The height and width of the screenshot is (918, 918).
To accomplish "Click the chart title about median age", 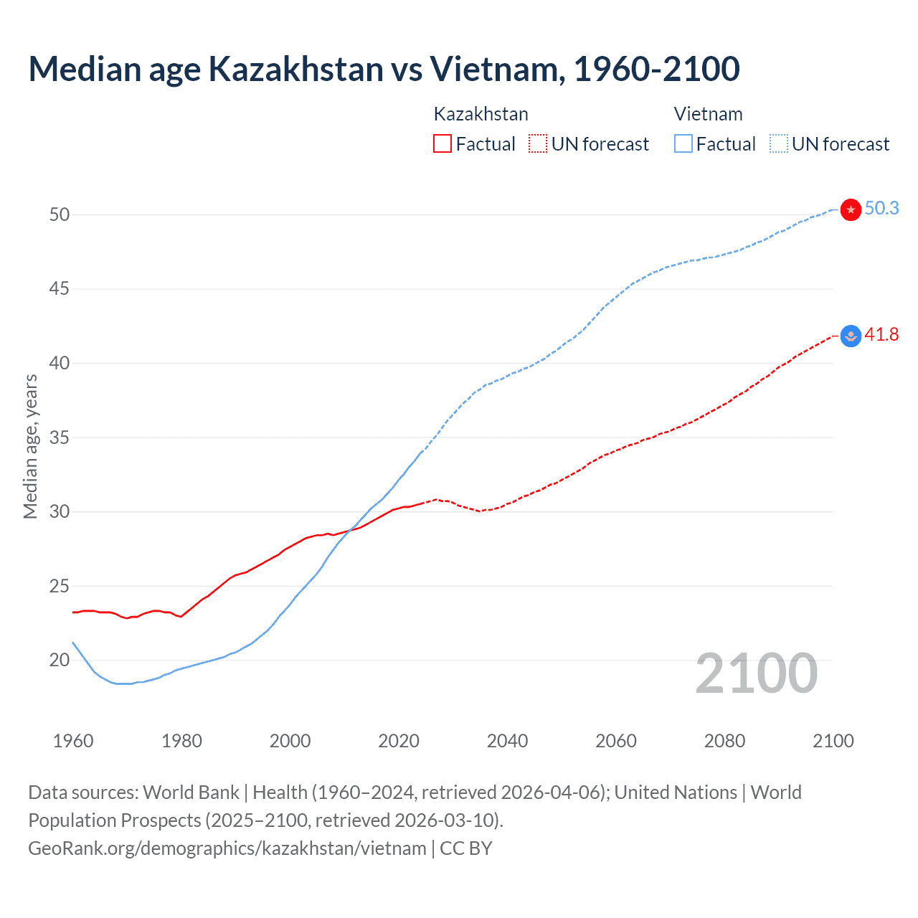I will pyautogui.click(x=384, y=69).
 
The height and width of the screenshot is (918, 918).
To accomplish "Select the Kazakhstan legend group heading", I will pyautogui.click(x=481, y=114).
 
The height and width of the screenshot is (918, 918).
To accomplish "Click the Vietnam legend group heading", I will pyautogui.click(x=708, y=114).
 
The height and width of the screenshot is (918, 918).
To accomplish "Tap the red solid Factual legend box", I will pyautogui.click(x=443, y=144).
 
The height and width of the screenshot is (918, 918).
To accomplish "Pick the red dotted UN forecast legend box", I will pyautogui.click(x=538, y=144).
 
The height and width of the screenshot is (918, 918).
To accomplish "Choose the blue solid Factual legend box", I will pyautogui.click(x=683, y=144).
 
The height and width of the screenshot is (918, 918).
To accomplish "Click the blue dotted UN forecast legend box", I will pyautogui.click(x=779, y=144).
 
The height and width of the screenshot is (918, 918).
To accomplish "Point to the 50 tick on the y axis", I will pyautogui.click(x=60, y=214).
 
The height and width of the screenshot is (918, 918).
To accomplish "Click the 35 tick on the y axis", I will pyautogui.click(x=60, y=437).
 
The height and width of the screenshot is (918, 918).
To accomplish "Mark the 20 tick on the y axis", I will pyautogui.click(x=60, y=660).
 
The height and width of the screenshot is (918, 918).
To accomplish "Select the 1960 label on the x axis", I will pyautogui.click(x=73, y=741).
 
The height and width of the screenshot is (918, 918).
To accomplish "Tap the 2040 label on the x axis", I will pyautogui.click(x=507, y=741).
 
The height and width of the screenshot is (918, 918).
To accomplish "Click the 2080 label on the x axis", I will pyautogui.click(x=724, y=741).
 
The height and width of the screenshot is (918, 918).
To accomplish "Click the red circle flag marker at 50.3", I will pyautogui.click(x=851, y=209).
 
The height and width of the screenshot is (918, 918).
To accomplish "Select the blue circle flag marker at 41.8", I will pyautogui.click(x=851, y=336).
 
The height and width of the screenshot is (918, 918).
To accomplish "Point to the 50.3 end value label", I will pyautogui.click(x=881, y=208).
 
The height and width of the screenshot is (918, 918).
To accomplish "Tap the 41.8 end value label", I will pyautogui.click(x=881, y=334).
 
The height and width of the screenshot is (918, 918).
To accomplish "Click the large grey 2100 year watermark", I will pyautogui.click(x=756, y=673).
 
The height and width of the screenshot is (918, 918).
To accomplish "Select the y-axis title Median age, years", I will pyautogui.click(x=30, y=446).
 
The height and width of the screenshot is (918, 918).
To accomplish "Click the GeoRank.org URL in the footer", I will pyautogui.click(x=227, y=848).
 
